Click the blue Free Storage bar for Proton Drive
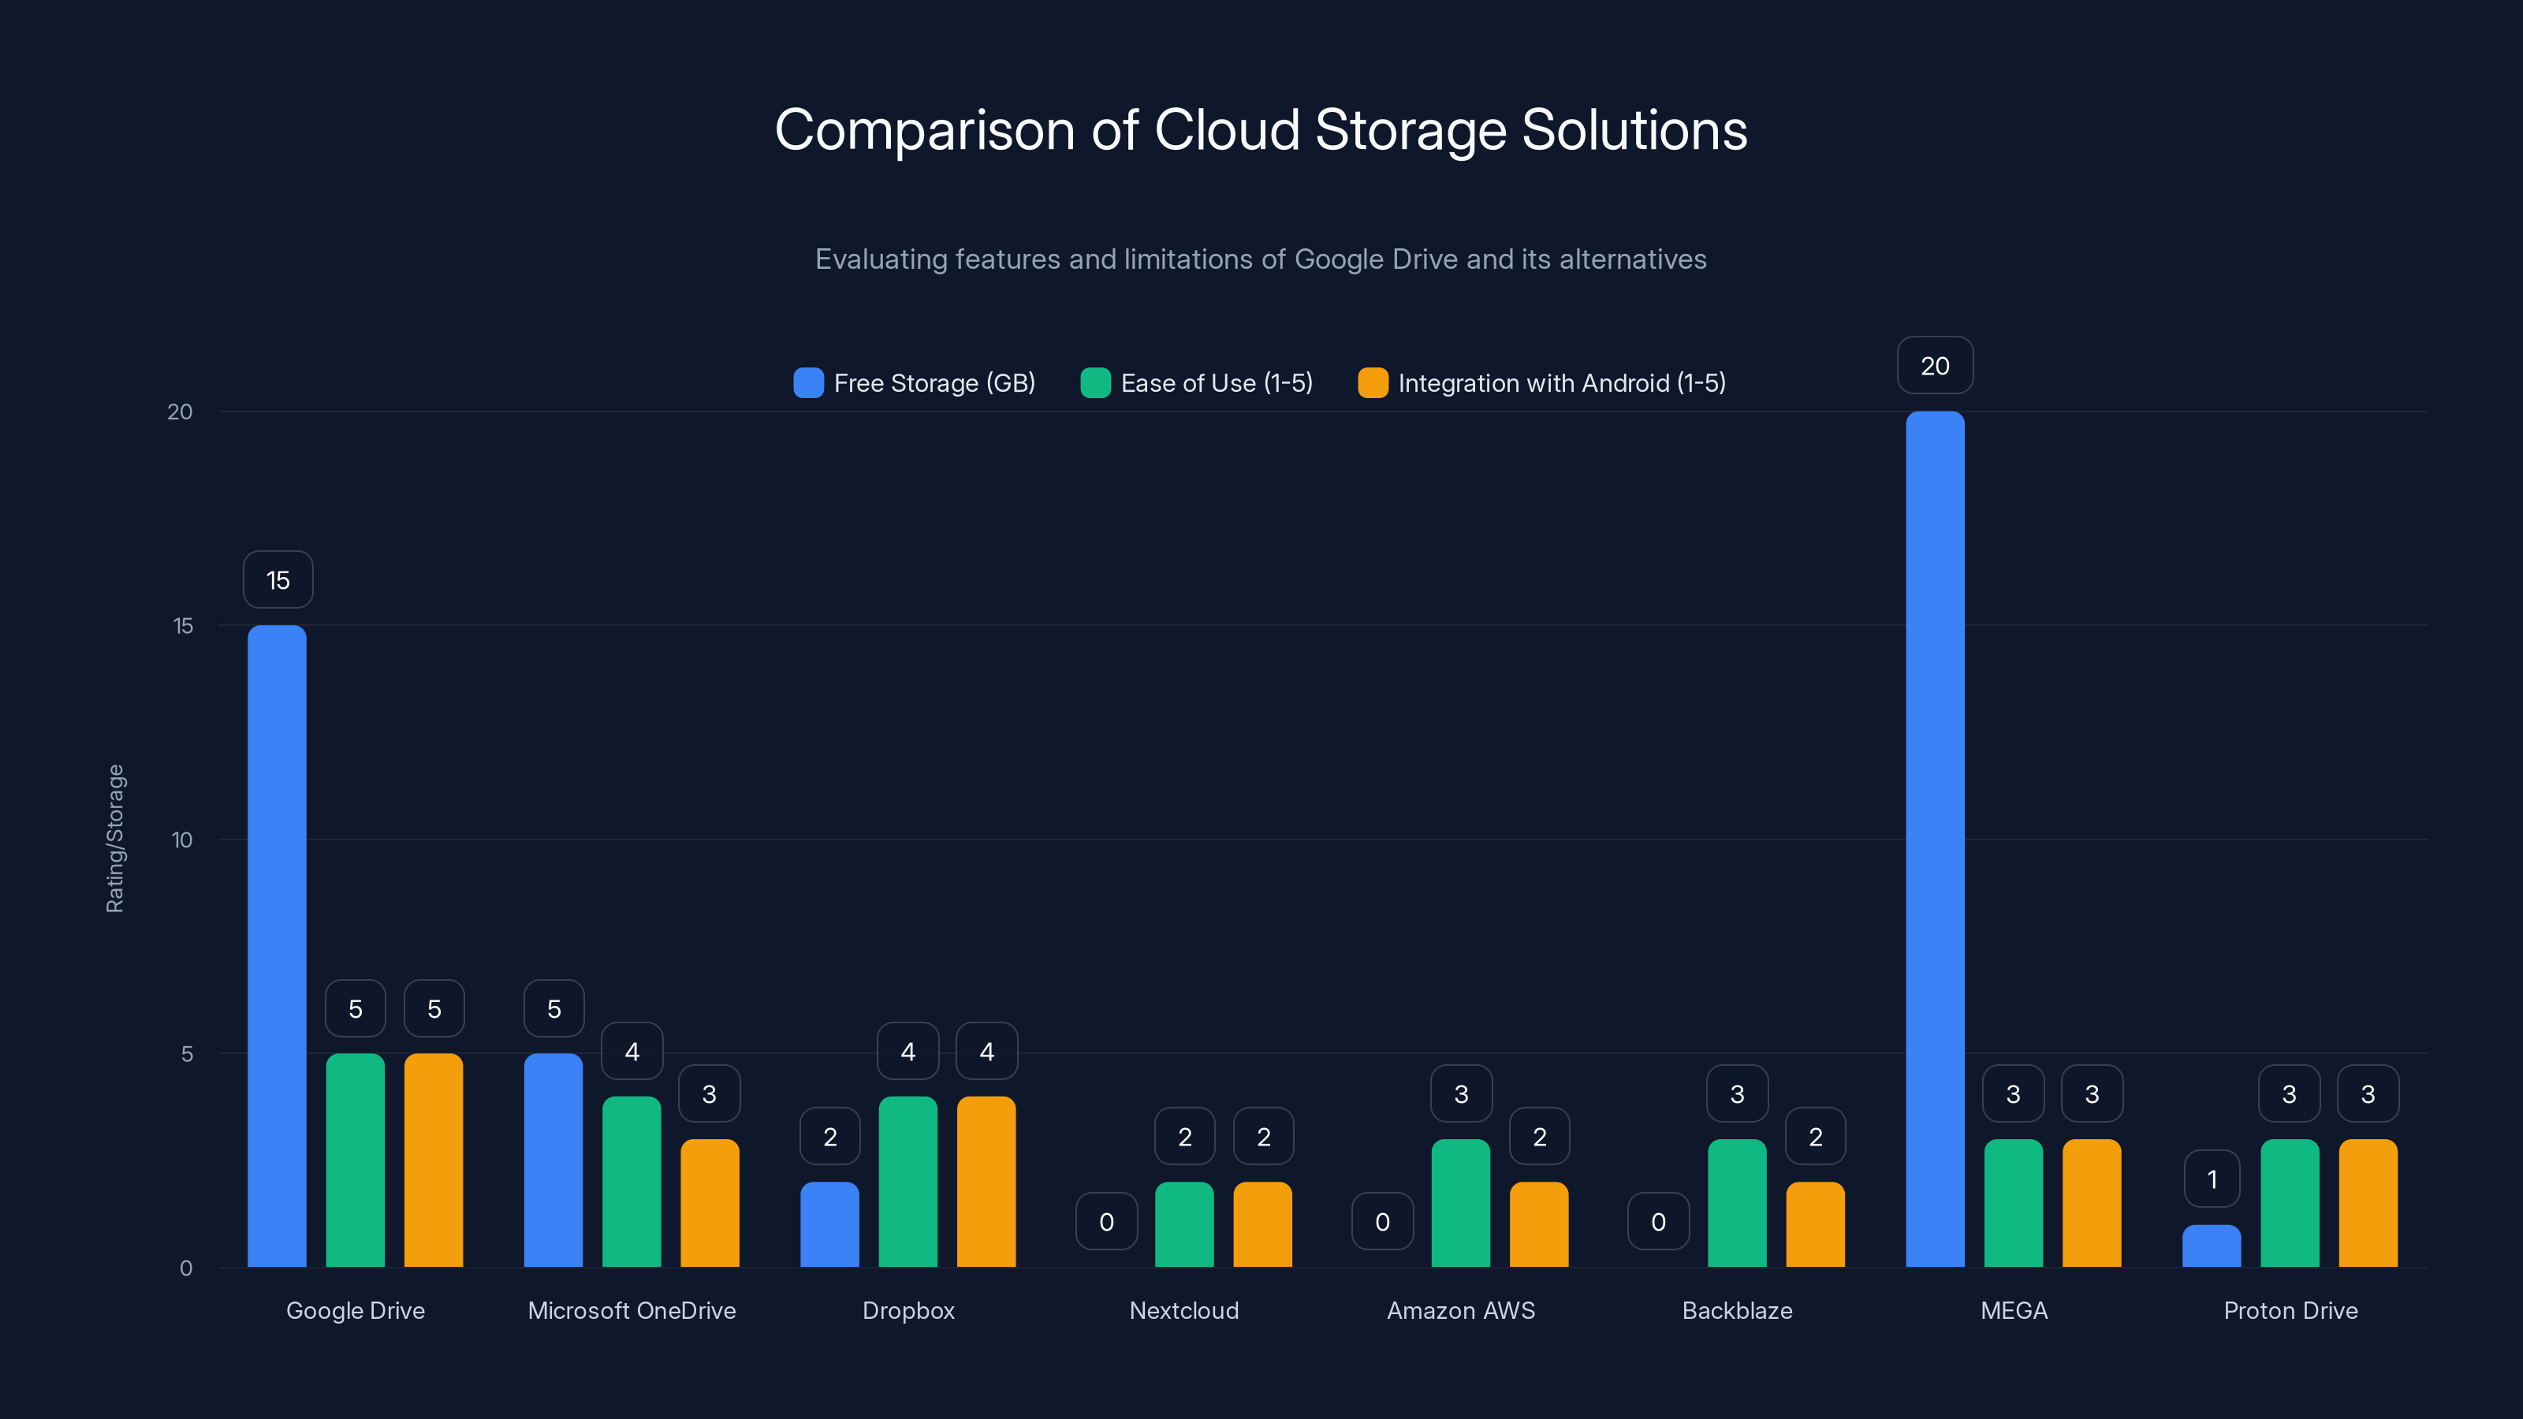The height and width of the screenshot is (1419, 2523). [x=2211, y=1246]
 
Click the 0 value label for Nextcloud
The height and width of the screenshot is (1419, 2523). [x=1105, y=1221]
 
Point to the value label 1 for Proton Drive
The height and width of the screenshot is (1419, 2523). [x=2212, y=1179]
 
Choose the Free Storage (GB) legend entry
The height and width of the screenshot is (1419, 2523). [x=914, y=383]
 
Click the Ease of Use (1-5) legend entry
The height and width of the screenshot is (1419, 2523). [x=1196, y=383]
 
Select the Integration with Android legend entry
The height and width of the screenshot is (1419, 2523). [x=1541, y=383]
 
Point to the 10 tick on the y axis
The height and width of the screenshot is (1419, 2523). [x=182, y=840]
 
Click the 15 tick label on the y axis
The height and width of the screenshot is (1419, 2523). [x=183, y=626]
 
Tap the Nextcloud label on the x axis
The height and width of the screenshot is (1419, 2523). [x=1184, y=1310]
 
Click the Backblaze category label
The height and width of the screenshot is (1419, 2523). [x=1736, y=1310]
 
